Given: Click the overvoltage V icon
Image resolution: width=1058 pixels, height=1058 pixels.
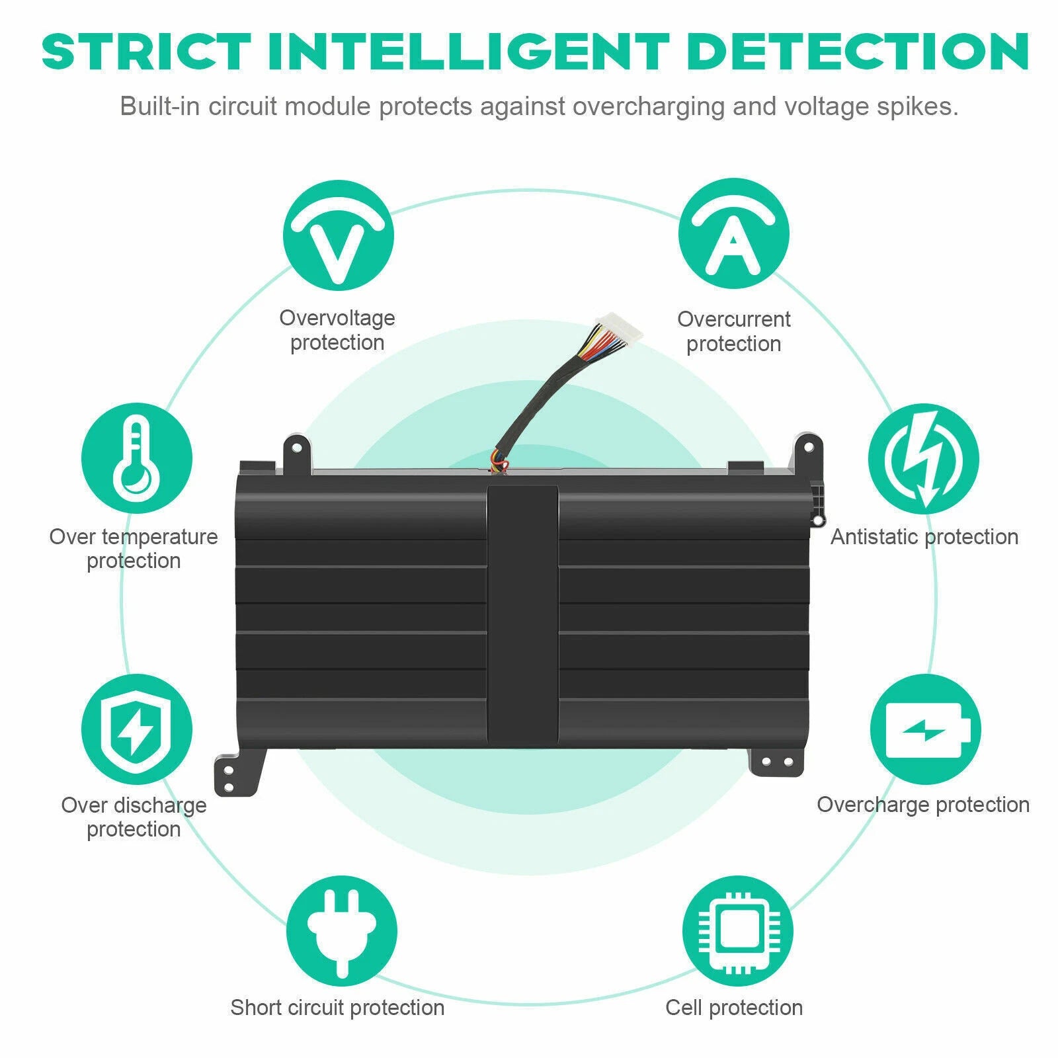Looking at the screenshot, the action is (338, 235).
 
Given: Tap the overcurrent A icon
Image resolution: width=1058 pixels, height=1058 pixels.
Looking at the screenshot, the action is (733, 233).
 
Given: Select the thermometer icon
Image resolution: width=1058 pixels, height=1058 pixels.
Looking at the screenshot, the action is (137, 458).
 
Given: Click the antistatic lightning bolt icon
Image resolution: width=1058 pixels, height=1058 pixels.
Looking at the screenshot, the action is (924, 459).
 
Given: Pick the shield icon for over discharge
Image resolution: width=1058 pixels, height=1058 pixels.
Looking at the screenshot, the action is (137, 729).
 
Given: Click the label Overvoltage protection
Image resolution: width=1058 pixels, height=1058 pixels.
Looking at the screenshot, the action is (337, 330).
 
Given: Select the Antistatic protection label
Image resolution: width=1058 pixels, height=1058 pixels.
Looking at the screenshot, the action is (924, 536).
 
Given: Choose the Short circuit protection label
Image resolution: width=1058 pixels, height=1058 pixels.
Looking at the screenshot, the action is (337, 1007).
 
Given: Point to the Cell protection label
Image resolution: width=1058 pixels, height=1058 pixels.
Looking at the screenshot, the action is (734, 1007).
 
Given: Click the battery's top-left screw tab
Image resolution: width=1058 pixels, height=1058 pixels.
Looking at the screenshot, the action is (298, 452).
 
